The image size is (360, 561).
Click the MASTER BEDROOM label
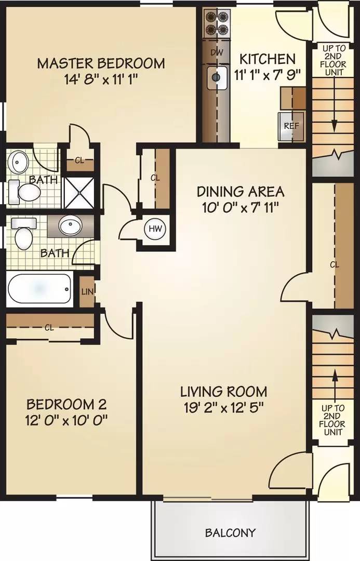click(x=101, y=63)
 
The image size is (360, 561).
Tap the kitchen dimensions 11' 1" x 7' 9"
click(x=267, y=75)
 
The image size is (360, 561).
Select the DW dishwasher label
click(x=217, y=52)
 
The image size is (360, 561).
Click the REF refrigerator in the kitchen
click(x=291, y=127)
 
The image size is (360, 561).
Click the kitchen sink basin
click(x=217, y=77)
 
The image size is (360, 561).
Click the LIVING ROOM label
click(x=223, y=392)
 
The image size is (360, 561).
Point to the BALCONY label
click(x=230, y=533)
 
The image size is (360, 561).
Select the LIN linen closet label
click(x=87, y=291)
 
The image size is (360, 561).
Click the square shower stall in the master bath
click(x=79, y=192)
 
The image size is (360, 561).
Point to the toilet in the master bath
click(x=25, y=190)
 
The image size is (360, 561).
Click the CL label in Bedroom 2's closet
click(x=49, y=328)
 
